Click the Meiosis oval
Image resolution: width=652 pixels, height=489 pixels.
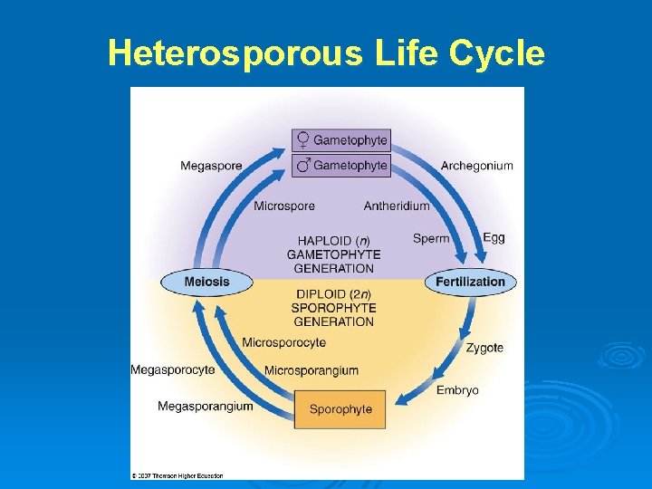coord(207,282)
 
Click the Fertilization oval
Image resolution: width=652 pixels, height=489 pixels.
coord(470,282)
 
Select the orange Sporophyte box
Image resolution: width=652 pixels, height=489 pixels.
coord(340,409)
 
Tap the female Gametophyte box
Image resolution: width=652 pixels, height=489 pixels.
coord(340,139)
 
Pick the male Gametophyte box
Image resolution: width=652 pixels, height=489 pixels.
coord(340,165)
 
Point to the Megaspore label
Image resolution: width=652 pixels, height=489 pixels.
coord(211,166)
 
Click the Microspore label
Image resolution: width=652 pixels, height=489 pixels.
coord(284,206)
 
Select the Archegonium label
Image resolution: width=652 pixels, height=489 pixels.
coord(476,166)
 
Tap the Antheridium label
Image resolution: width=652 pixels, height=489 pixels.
coord(397,206)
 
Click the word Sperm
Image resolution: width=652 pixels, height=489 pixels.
coord(431,238)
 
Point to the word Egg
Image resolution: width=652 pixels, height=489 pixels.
coord(494,237)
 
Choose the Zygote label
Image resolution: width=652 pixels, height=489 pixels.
coord(484,348)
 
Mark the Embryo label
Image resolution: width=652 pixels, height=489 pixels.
coord(457,390)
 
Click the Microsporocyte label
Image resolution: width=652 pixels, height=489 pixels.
coord(283,342)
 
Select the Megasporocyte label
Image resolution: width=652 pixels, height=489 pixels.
coord(173,369)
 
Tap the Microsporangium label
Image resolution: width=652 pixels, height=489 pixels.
coord(312,370)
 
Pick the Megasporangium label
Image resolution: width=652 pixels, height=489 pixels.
coord(206,407)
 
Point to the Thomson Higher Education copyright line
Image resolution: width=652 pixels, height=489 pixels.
coord(177,475)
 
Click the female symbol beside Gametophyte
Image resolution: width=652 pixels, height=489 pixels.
coord(303,139)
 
